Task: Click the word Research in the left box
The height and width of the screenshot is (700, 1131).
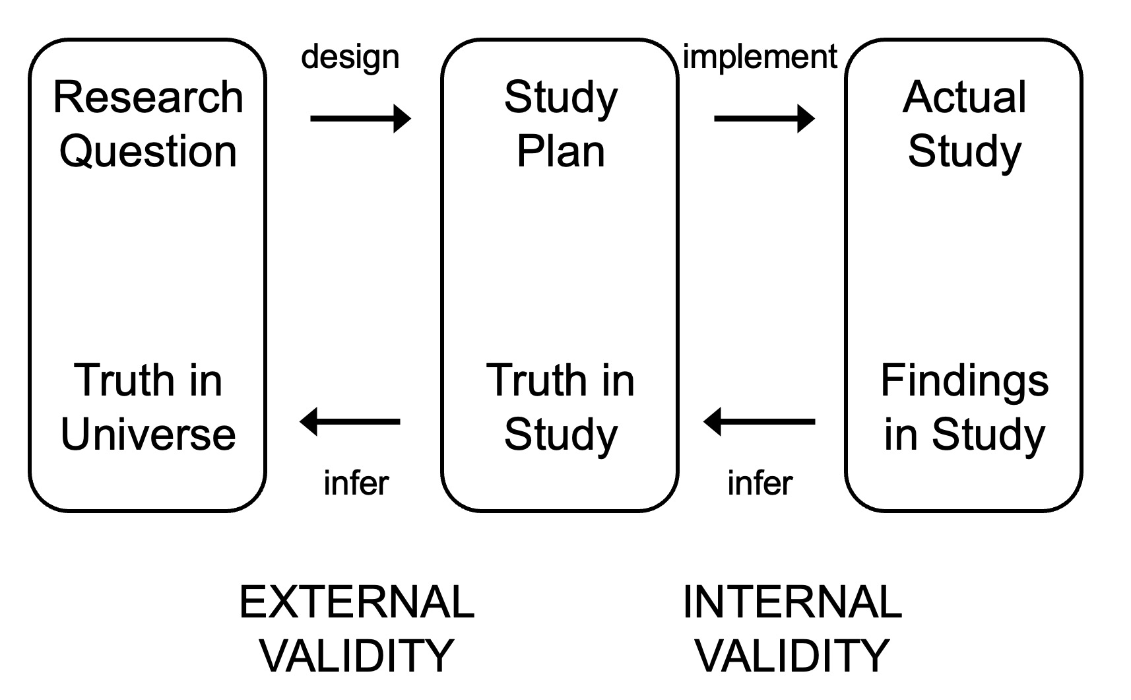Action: pyautogui.click(x=148, y=98)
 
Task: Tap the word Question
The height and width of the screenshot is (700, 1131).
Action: pyautogui.click(x=148, y=152)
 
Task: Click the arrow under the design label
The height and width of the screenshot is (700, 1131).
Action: pyautogui.click(x=360, y=119)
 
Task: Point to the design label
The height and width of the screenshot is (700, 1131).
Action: pyautogui.click(x=350, y=58)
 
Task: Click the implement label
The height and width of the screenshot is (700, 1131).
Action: pyautogui.click(x=759, y=57)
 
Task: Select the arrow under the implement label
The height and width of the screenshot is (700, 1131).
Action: pyautogui.click(x=764, y=119)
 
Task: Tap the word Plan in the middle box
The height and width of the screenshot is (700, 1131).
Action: pyautogui.click(x=560, y=152)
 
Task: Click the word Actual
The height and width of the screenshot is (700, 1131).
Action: pyautogui.click(x=964, y=98)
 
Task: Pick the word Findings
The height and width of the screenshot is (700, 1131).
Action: pyautogui.click(x=964, y=381)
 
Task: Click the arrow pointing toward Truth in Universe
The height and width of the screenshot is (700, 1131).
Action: pyautogui.click(x=350, y=421)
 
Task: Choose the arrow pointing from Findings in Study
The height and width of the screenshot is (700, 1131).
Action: pyautogui.click(x=759, y=421)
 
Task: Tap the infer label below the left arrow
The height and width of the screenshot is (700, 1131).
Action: pyautogui.click(x=356, y=483)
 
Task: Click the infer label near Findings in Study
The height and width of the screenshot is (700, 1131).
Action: pyautogui.click(x=759, y=483)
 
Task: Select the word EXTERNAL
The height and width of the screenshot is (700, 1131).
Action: pyautogui.click(x=356, y=602)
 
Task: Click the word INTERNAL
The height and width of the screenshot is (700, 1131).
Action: pyautogui.click(x=792, y=602)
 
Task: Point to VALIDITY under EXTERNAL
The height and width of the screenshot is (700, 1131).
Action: pyautogui.click(x=356, y=655)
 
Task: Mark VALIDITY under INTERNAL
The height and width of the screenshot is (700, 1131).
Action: pyautogui.click(x=792, y=655)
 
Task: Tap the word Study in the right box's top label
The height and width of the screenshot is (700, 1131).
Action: pyautogui.click(x=964, y=152)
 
